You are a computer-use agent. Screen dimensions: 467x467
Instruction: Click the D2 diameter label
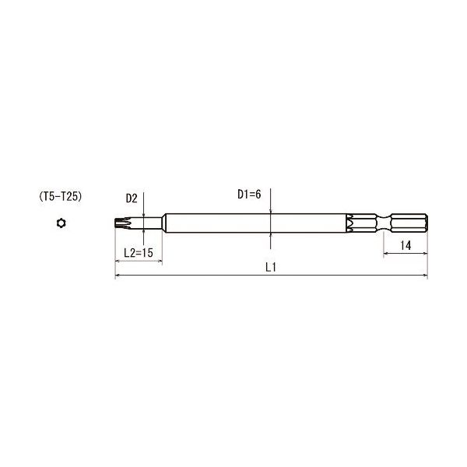point(130,199)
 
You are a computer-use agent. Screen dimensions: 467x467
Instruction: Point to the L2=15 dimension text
point(139,252)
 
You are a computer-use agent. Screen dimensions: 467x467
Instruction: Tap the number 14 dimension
point(406,245)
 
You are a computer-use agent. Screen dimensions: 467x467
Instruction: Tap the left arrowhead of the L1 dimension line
point(118,276)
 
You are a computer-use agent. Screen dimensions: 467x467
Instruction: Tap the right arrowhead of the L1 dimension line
point(426,276)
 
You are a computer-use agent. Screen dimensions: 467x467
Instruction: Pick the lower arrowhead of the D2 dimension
point(144,233)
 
